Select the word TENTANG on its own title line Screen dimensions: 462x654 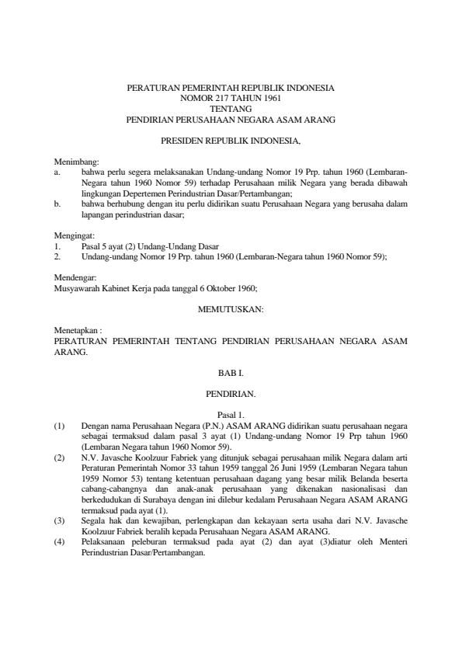point(231,110)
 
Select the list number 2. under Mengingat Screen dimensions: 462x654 point(57,255)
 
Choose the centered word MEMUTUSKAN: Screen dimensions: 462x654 point(231,309)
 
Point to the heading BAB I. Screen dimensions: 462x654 point(231,373)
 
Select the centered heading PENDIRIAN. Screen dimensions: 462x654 point(231,395)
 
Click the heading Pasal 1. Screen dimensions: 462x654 point(231,416)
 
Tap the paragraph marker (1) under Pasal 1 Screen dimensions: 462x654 point(59,426)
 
